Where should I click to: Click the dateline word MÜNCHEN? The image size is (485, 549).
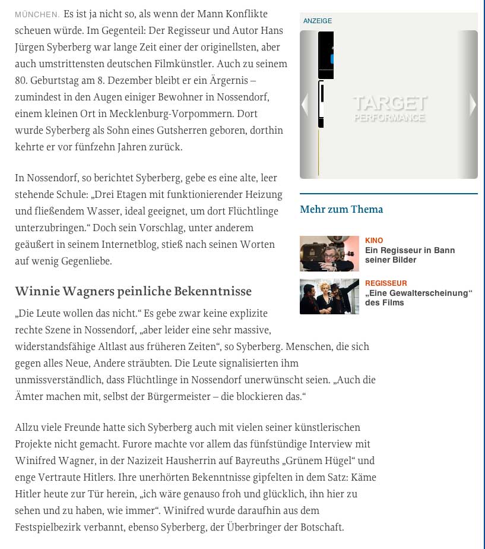click(x=37, y=14)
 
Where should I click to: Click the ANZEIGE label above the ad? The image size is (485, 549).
click(x=318, y=21)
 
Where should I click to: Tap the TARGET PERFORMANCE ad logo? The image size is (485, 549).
click(x=390, y=108)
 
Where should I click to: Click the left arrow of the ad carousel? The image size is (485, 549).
click(x=305, y=105)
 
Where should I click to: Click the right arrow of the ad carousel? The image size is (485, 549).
click(x=473, y=105)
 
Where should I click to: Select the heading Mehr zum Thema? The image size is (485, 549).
click(x=341, y=209)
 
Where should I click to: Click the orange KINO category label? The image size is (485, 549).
click(x=374, y=241)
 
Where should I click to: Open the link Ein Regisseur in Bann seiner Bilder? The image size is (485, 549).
click(x=410, y=255)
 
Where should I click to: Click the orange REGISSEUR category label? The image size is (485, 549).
click(x=386, y=283)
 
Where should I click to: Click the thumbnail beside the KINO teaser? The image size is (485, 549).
click(x=329, y=254)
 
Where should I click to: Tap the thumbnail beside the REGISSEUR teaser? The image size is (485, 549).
click(x=329, y=296)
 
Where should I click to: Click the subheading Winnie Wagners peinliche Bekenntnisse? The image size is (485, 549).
click(x=134, y=291)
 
